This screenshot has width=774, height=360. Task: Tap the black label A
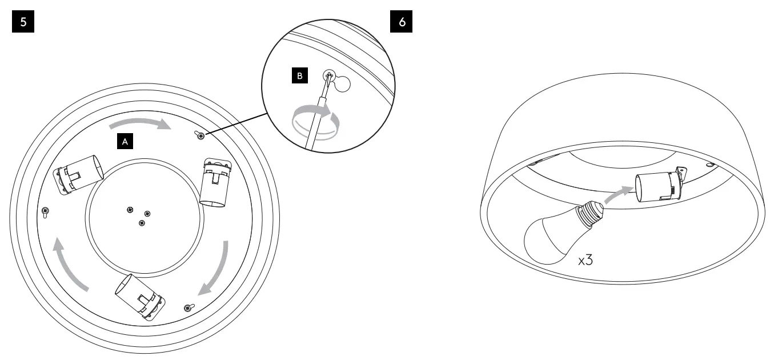pos(125,141)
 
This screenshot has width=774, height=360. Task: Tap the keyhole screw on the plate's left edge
pos(45,211)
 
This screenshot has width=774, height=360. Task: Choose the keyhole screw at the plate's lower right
pos(189,308)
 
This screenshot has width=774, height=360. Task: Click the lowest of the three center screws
pos(142,223)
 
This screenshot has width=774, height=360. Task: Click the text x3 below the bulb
pos(585,261)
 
